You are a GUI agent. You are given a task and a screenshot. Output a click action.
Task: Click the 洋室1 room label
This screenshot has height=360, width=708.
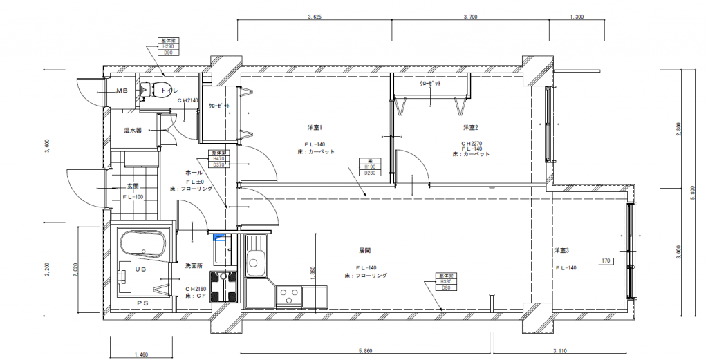pos(315,127)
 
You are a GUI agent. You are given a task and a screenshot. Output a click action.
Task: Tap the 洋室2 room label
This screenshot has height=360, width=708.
pos(471,127)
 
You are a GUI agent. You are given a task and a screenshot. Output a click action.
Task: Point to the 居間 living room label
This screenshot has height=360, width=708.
pos(365,249)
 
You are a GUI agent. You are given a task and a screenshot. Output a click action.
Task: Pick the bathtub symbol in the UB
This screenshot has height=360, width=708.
pos(143,245)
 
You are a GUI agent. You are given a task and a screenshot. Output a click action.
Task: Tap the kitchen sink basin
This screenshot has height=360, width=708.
pos(254,263)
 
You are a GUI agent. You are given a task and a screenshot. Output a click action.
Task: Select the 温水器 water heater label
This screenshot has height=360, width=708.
pos(133,130)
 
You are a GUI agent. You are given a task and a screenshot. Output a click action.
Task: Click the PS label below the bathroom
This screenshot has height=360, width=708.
pos(142,303)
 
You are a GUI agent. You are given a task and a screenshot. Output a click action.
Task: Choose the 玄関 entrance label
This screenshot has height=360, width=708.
pos(133,187)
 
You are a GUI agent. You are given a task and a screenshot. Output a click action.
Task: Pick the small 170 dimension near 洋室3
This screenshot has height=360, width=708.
pos(606,261)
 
